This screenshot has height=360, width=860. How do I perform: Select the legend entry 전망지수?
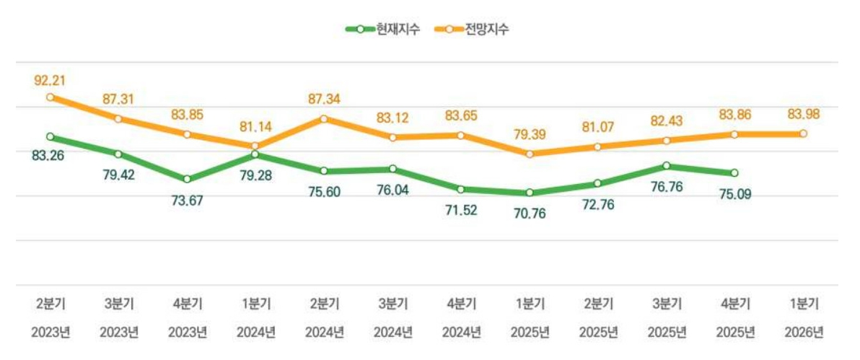[x=473, y=30]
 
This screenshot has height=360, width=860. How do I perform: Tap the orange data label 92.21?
[x=49, y=80]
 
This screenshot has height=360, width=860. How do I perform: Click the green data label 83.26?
[x=49, y=154]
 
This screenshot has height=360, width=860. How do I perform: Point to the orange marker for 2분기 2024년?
[x=324, y=118]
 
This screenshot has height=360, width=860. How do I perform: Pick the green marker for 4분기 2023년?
[x=187, y=179]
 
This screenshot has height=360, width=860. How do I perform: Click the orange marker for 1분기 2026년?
[x=803, y=133]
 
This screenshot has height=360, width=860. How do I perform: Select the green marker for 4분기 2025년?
[x=734, y=173]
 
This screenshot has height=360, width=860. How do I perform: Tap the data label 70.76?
[x=530, y=211]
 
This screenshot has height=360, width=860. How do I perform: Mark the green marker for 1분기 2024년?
[x=255, y=154]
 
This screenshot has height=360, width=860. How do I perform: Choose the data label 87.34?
[x=324, y=99]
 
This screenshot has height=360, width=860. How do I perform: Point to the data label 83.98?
[x=803, y=114]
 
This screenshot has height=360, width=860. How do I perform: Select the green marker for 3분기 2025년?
[x=666, y=166]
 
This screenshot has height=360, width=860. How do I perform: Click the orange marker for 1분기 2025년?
[x=530, y=154]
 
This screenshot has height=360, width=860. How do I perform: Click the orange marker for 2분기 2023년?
[x=49, y=97]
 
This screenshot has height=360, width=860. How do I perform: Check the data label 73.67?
[x=187, y=200]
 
